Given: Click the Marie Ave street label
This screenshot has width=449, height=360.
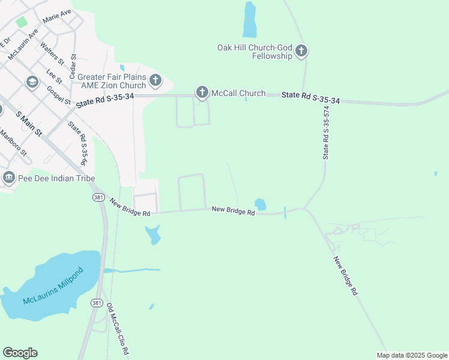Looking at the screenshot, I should pyautogui.click(x=57, y=16).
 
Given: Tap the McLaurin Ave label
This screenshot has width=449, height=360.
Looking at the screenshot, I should pyautogui.click(x=23, y=44).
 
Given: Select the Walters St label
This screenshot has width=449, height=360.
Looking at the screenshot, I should pyautogui.click(x=52, y=53).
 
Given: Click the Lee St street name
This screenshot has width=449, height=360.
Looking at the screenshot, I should pyautogui.click(x=55, y=77).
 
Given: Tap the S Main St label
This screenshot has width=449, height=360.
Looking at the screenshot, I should pyautogui.click(x=29, y=124).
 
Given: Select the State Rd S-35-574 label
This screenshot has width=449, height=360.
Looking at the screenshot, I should pyautogui.click(x=327, y=133).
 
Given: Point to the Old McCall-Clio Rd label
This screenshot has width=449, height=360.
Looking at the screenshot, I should pyautogui.click(x=119, y=331).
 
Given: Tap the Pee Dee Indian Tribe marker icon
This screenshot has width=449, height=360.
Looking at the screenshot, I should pyautogui.click(x=9, y=178).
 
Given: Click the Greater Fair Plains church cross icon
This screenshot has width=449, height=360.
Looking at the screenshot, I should pyautogui.click(x=155, y=80).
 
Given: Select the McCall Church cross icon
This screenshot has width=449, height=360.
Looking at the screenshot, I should pyautogui.click(x=202, y=92).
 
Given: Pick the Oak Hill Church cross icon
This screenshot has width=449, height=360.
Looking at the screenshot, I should pyautogui.click(x=301, y=51).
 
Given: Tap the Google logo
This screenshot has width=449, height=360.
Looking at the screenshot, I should pyautogui.click(x=20, y=353).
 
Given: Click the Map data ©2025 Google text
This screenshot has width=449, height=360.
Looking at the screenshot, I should pyautogui.click(x=411, y=355).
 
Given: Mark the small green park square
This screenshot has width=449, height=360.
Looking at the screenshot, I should pyautogui.click(x=22, y=22).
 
